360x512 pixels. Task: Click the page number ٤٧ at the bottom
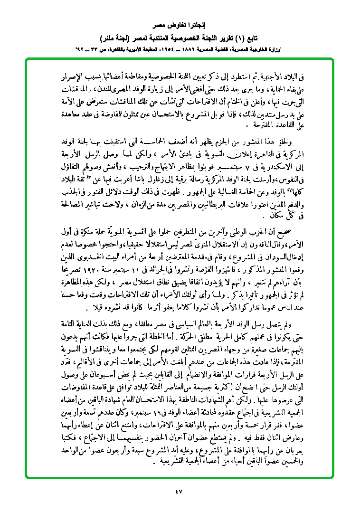(179, 491)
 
